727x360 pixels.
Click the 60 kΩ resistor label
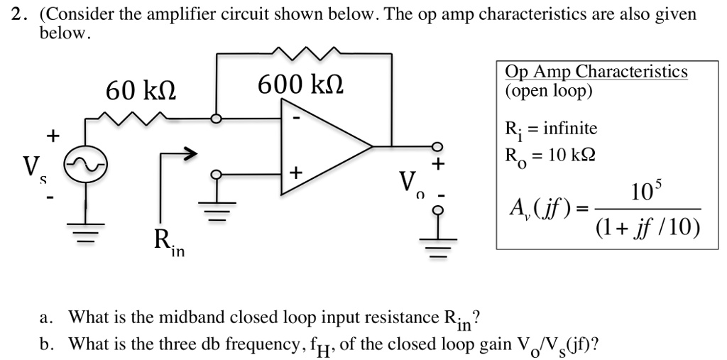pos(141,92)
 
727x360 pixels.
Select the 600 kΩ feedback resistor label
pos(300,86)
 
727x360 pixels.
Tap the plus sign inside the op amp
pos(295,173)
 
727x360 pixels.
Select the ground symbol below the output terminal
pos(437,244)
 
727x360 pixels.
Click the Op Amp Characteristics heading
pos(596,72)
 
